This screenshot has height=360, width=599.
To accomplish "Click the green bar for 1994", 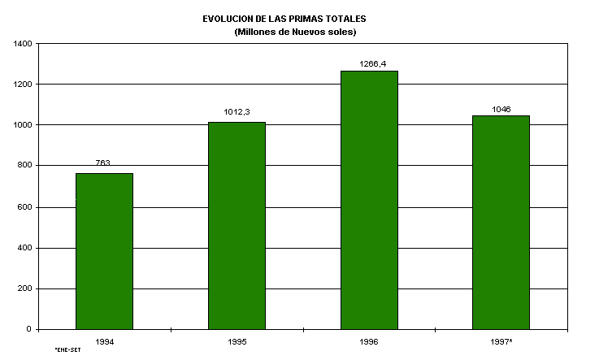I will (x=104, y=251).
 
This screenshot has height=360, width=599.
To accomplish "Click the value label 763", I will (x=103, y=163).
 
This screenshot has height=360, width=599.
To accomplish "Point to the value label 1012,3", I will (x=237, y=112).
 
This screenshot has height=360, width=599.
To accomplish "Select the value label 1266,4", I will (x=369, y=61).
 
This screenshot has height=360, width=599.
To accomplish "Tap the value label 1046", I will (x=501, y=109).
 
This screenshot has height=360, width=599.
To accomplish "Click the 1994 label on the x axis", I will (x=104, y=341).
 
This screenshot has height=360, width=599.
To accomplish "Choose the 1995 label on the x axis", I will (x=237, y=341).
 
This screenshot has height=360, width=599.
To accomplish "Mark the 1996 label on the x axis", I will (x=369, y=341).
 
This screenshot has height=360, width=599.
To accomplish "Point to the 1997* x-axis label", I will (x=501, y=341).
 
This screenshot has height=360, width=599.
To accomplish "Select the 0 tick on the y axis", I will (x=28, y=329).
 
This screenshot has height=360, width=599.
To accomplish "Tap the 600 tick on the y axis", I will (x=24, y=206).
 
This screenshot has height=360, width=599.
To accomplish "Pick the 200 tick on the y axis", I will (x=24, y=288).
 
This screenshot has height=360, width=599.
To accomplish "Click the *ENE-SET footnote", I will (x=67, y=350).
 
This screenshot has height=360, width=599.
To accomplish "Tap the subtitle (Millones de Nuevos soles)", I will (x=295, y=32).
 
